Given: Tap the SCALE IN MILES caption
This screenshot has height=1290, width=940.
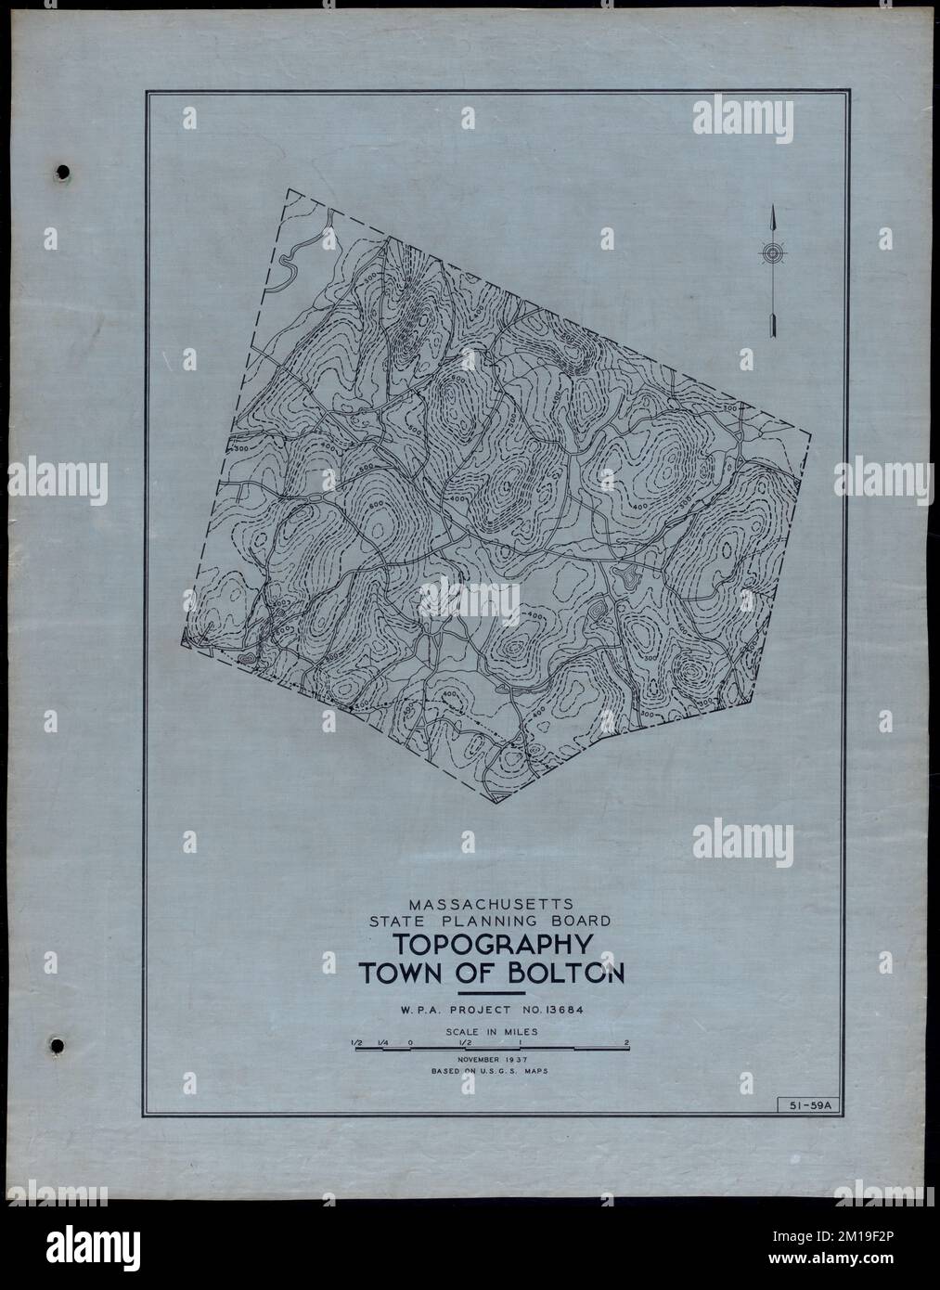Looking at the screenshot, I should point(492,1031).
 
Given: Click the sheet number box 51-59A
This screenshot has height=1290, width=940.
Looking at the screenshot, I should point(805,1104).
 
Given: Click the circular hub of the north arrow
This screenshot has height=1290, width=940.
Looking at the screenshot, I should point(771,252).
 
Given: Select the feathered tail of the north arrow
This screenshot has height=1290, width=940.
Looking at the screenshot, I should point(771,325).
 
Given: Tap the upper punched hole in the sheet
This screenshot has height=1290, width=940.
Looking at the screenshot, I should point(62,173).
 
